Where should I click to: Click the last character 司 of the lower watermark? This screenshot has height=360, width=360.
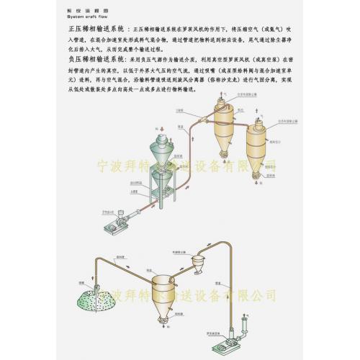click(x=271, y=294)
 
